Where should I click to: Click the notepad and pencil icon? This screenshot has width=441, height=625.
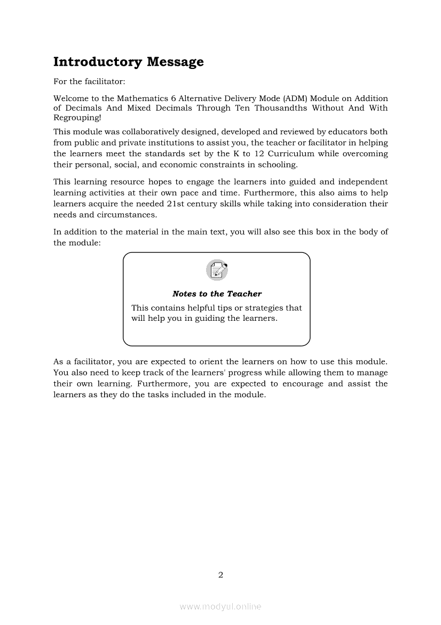click(217, 269)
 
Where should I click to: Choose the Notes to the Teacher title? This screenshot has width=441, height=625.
click(217, 294)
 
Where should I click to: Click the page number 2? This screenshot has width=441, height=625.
click(220, 575)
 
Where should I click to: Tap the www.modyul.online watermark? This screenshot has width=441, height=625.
click(220, 606)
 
